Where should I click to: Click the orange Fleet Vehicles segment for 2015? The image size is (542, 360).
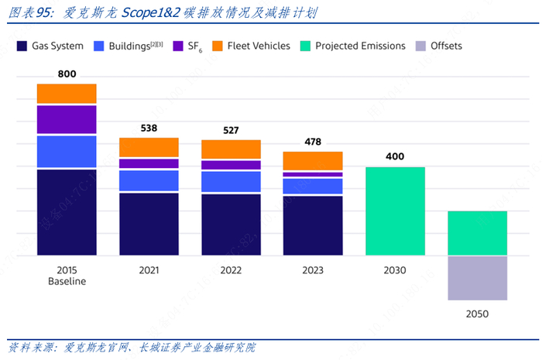67,94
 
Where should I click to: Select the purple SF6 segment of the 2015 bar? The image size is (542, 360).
67,119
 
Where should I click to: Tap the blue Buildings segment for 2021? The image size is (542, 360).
149,180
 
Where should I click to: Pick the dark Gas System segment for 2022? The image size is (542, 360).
231,225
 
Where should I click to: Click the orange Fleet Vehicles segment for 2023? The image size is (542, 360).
313,160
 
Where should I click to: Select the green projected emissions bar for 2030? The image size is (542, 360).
395,211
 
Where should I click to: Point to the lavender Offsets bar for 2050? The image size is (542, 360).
477,278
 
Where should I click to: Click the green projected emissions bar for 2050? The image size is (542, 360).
477,232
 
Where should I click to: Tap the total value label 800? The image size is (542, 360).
67,74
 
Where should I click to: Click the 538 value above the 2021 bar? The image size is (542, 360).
149,128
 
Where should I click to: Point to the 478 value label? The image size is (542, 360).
313,142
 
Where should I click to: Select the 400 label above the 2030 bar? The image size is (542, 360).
395,156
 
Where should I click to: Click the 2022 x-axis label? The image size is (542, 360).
231,270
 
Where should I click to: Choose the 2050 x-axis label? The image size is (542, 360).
477,314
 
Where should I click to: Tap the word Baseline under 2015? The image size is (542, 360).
67,281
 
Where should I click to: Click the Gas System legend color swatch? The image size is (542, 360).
22,46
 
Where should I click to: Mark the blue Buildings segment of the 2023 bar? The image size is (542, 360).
313,186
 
